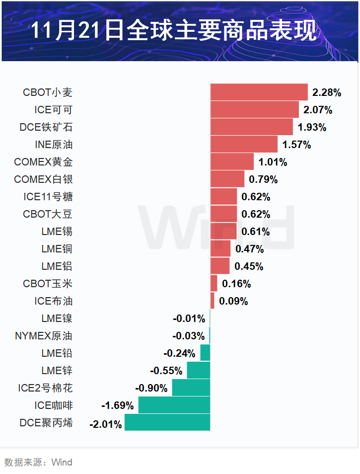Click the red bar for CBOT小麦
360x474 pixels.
(x=259, y=92)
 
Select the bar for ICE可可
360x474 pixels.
(x=254, y=109)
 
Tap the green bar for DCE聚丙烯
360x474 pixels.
(x=167, y=423)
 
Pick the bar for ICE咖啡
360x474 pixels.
(x=174, y=405)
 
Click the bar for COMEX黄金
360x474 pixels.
(x=232, y=161)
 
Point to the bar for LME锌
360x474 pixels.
(x=198, y=371)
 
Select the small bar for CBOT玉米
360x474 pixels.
(x=214, y=284)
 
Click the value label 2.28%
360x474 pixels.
(x=327, y=92)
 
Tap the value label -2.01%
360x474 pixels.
(x=105, y=424)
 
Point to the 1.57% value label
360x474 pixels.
(x=296, y=145)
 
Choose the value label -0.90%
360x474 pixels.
(x=151, y=388)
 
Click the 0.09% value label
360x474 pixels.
(x=233, y=301)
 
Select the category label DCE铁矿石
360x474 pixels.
(x=46, y=127)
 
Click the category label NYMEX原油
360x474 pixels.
(x=44, y=336)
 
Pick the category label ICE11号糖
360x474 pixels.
(x=48, y=197)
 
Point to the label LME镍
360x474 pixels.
(x=57, y=318)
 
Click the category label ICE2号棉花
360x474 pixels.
(x=45, y=388)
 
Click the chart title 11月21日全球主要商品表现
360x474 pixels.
(x=173, y=31)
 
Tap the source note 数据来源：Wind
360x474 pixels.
(x=38, y=463)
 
